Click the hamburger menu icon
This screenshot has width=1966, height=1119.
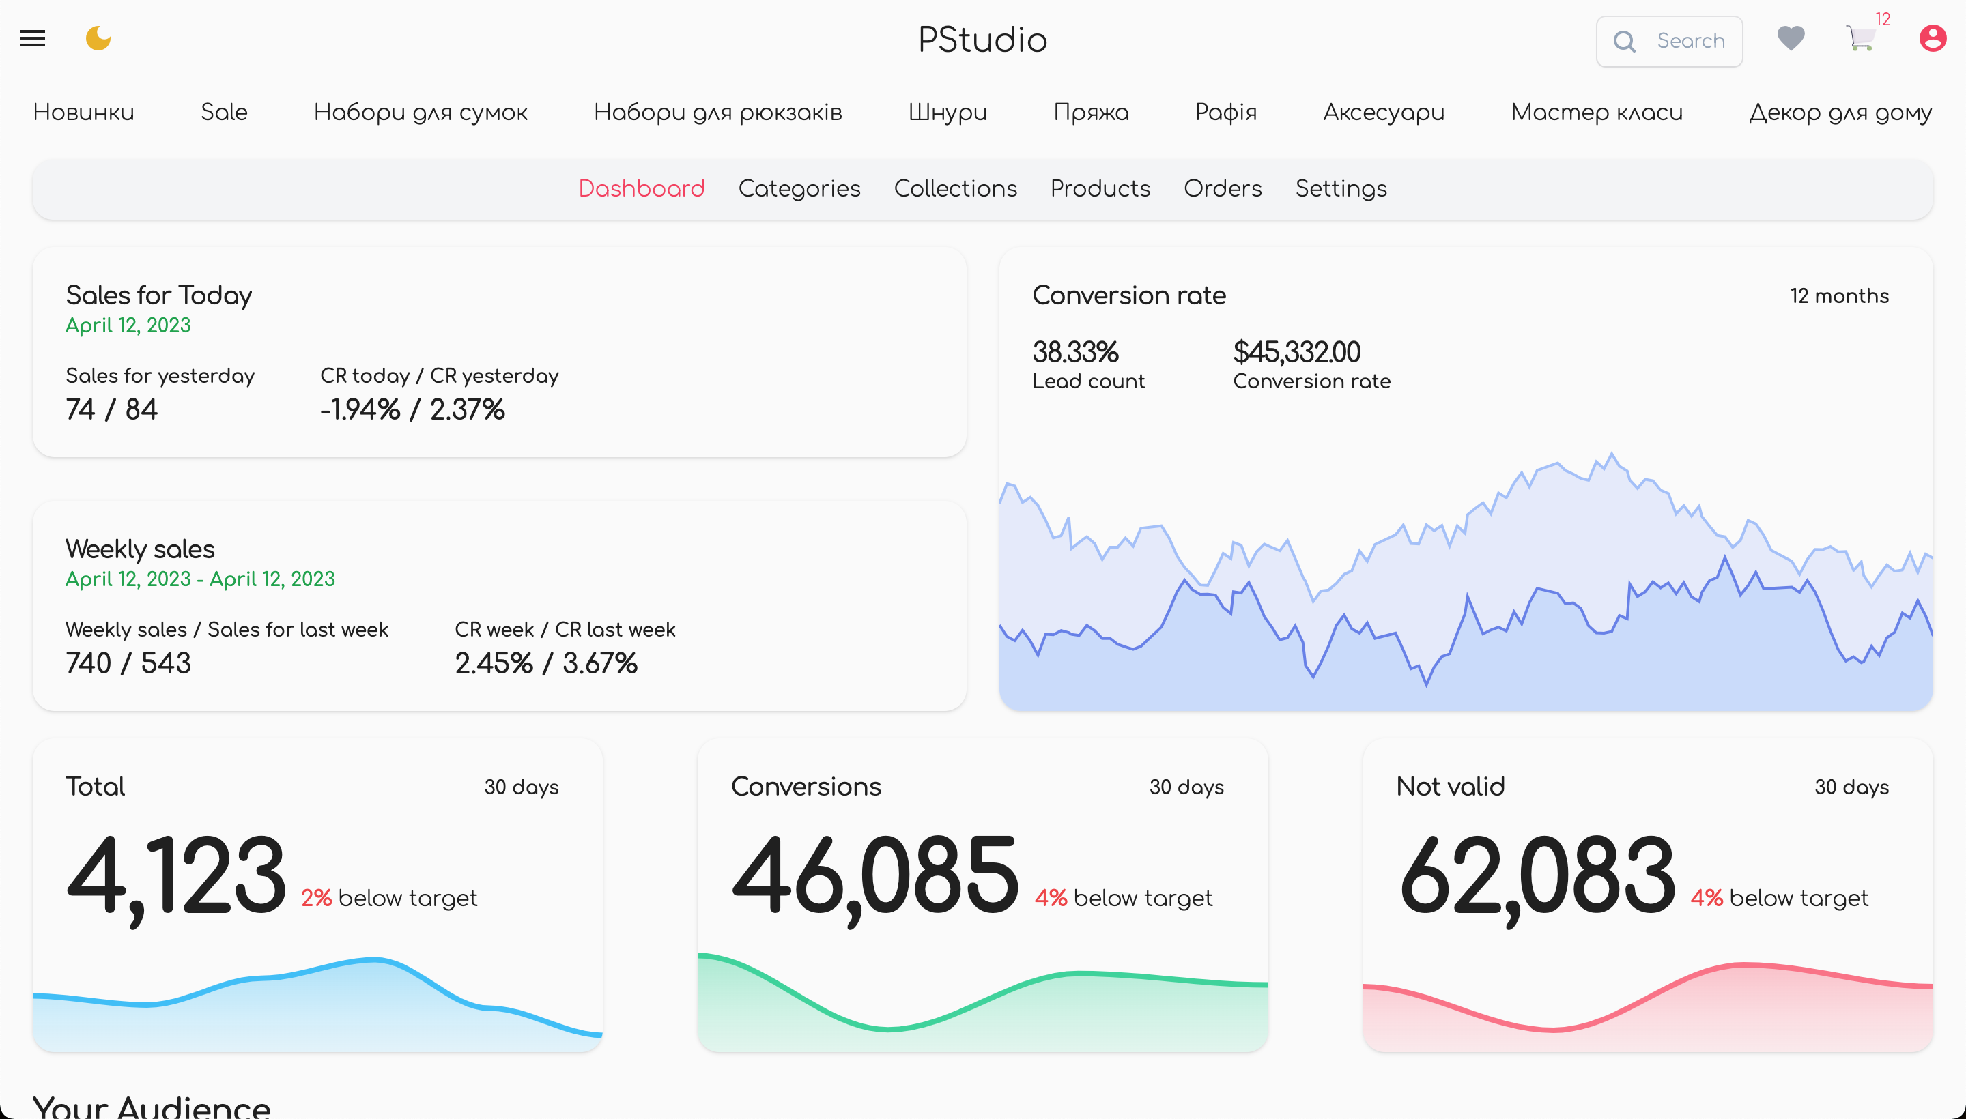[x=32, y=38]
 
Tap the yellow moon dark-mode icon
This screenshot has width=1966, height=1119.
[x=98, y=38]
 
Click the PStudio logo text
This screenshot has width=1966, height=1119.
[x=982, y=40]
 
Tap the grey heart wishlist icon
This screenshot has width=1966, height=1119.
[x=1791, y=38]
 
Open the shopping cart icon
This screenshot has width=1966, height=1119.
[x=1860, y=38]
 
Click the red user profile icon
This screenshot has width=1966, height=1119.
[x=1932, y=38]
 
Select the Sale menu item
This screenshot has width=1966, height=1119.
[x=224, y=112]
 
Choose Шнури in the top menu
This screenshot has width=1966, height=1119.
[x=948, y=112]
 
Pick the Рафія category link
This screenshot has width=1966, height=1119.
[x=1225, y=112]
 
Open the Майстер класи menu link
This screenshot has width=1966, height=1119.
[x=1596, y=112]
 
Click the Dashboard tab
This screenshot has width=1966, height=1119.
[x=641, y=188]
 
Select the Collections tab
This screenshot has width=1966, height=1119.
[x=955, y=188]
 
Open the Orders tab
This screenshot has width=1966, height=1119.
[x=1223, y=188]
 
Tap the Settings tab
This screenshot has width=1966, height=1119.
[x=1341, y=189]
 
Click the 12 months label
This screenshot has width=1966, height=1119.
[x=1839, y=296]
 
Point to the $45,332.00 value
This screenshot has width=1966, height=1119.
[x=1296, y=352]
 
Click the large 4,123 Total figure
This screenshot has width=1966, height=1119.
[x=177, y=877]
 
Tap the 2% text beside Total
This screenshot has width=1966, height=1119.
[x=316, y=898]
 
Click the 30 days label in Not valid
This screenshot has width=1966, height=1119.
[x=1851, y=787]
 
